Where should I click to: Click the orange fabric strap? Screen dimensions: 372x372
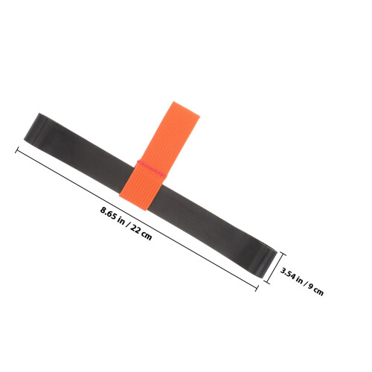(x=160, y=155)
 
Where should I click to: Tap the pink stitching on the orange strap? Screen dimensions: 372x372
(x=151, y=168)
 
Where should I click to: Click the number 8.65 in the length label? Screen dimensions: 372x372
(x=108, y=214)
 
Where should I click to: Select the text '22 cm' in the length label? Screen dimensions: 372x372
(x=141, y=232)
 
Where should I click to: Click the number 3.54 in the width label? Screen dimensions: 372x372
(x=288, y=272)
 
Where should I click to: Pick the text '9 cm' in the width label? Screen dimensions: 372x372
(x=316, y=289)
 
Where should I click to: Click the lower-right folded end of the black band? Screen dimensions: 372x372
(x=266, y=261)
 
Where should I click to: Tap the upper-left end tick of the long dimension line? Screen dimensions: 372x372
(x=17, y=150)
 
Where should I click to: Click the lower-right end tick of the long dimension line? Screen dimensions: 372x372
(x=257, y=288)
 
